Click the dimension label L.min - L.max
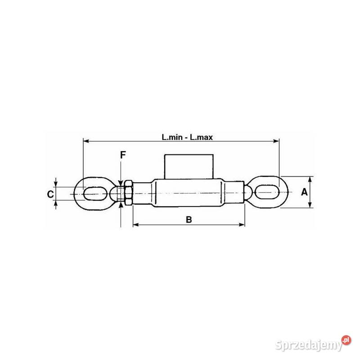tap(187, 137)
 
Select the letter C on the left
tap(50, 194)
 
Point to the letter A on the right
tap(304, 192)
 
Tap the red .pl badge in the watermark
tap(346, 340)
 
